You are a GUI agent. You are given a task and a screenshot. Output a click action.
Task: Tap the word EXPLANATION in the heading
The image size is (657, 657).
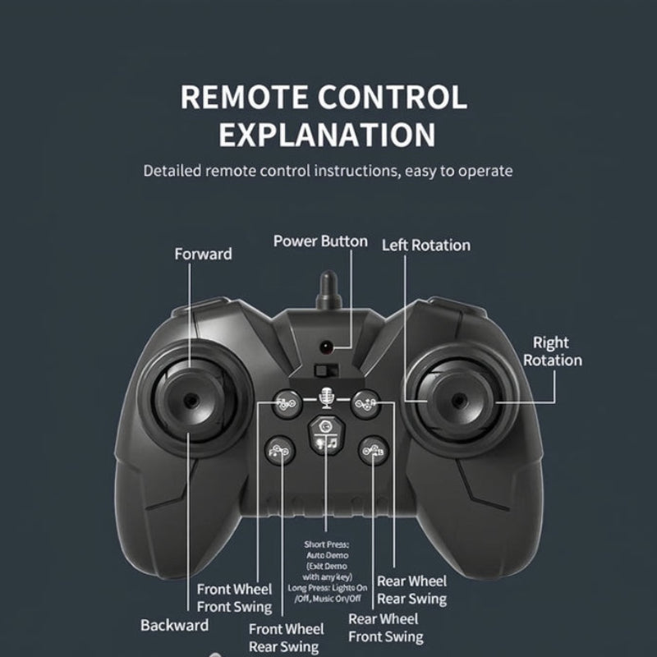(x=327, y=136)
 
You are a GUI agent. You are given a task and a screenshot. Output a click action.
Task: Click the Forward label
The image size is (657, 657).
(x=203, y=254)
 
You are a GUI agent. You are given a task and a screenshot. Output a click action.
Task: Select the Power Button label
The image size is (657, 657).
(x=320, y=241)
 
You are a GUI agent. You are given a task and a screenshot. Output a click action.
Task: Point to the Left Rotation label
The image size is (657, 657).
(x=425, y=245)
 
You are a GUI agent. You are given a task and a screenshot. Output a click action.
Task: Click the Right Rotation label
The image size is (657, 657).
(x=552, y=351)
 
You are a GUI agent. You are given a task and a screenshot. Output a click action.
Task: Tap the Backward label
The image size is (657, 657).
(x=174, y=625)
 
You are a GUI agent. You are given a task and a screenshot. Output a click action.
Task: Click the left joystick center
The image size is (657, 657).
(x=191, y=400)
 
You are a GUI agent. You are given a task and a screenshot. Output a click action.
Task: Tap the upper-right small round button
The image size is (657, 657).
(x=366, y=402)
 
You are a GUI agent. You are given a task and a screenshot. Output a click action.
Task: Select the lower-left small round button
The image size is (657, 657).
(x=278, y=448)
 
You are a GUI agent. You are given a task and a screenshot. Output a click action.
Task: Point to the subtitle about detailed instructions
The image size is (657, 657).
(x=328, y=171)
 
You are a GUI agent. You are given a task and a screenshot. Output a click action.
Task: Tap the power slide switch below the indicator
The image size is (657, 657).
(x=327, y=370)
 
